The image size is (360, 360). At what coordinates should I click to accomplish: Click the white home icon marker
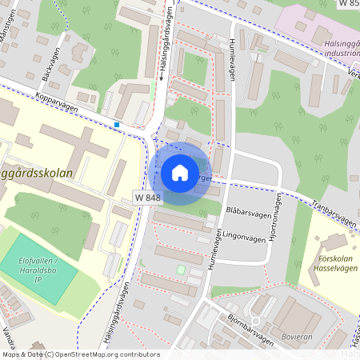180,172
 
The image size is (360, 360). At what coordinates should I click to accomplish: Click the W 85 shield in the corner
346,4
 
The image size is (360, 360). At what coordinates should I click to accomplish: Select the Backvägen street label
49,70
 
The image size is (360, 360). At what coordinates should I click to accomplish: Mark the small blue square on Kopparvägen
118,125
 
